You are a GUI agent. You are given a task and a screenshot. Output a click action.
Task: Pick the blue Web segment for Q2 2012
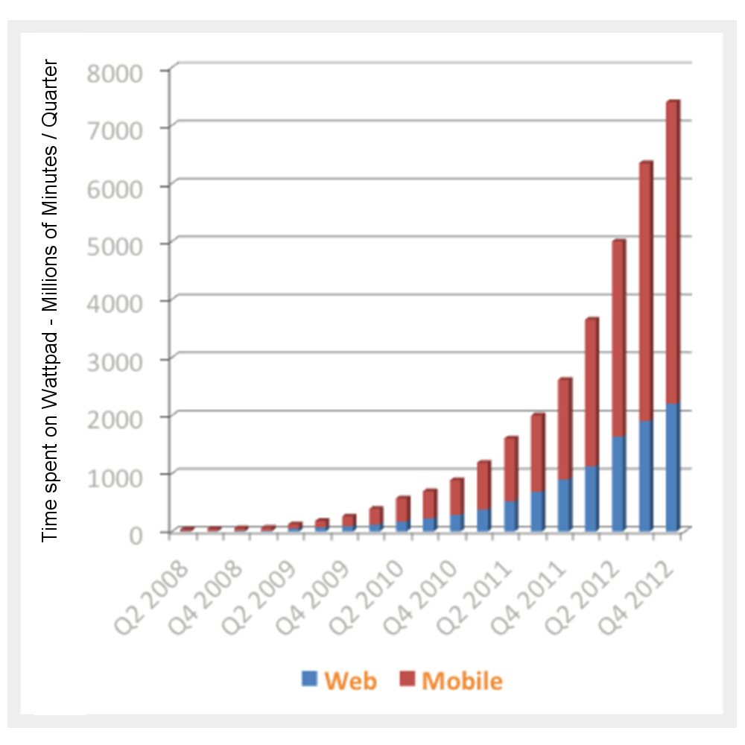(618, 484)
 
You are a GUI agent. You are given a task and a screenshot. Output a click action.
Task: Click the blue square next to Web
(309, 679)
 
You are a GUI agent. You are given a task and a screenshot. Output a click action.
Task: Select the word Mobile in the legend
(462, 680)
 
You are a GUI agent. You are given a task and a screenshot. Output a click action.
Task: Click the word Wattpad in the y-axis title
(50, 351)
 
